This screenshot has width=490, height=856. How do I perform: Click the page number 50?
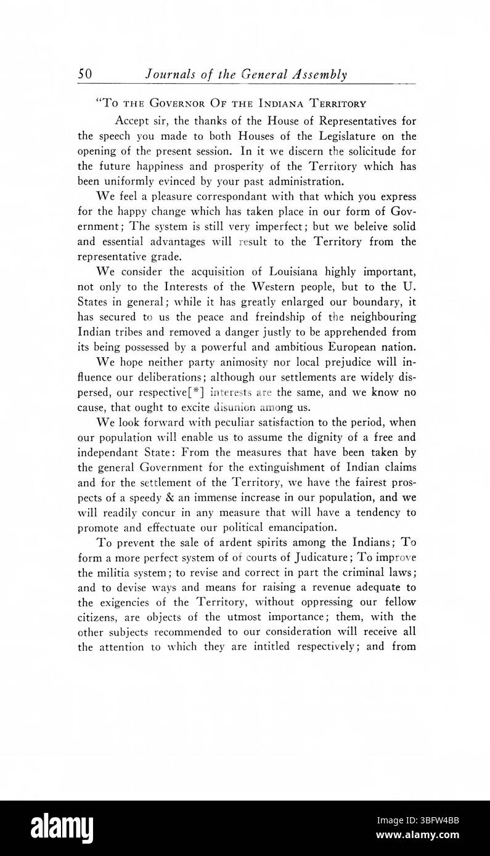pos(85,75)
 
